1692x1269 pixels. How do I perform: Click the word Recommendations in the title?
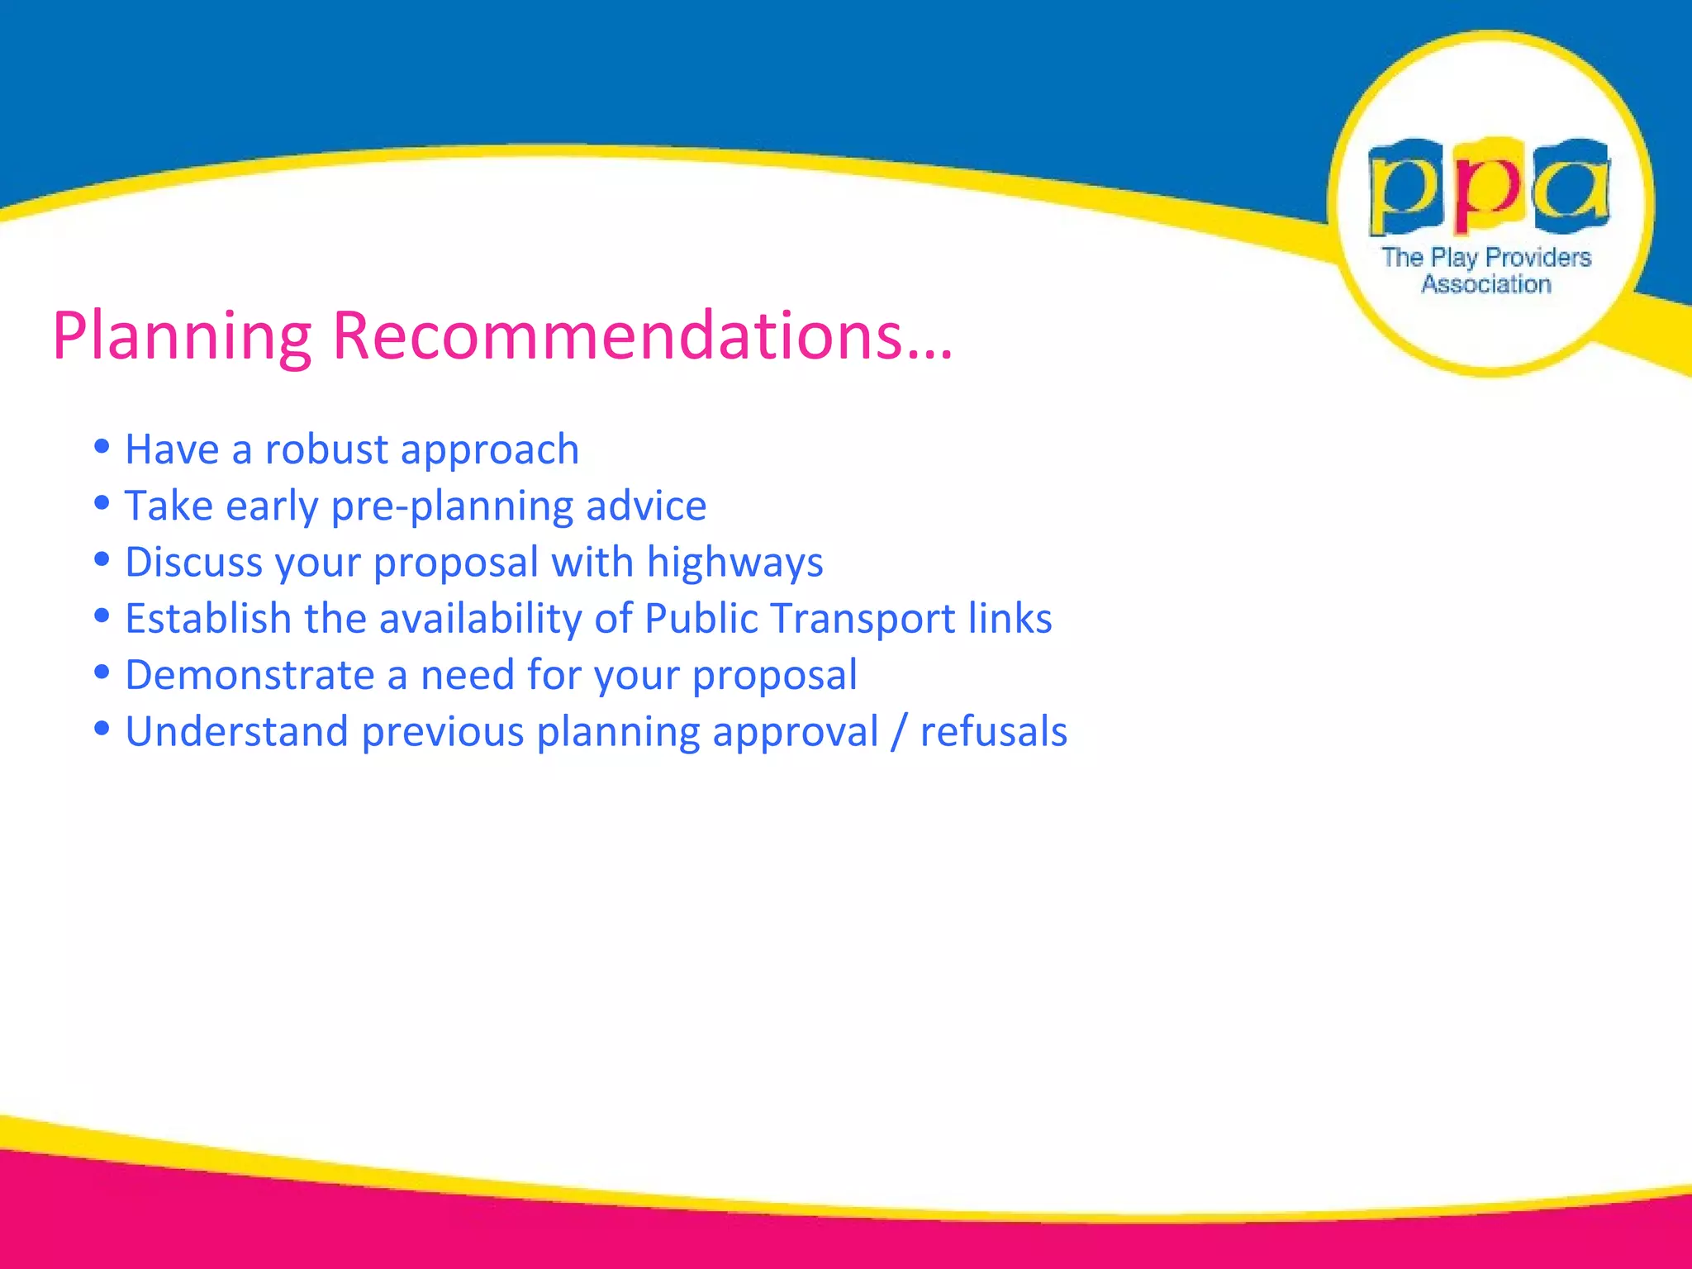click(618, 335)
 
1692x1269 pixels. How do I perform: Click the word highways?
click(734, 563)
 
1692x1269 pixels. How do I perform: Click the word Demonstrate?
click(250, 675)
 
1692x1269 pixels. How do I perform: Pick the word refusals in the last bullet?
click(993, 732)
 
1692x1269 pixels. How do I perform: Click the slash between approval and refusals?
click(899, 732)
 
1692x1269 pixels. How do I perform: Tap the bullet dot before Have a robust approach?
click(102, 447)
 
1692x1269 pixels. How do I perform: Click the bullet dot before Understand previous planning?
click(102, 729)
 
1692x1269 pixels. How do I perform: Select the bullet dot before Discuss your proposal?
click(102, 559)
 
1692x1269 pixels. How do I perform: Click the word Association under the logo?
click(1485, 284)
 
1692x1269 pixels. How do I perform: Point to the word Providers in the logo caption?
click(1538, 258)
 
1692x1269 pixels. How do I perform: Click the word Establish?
click(208, 619)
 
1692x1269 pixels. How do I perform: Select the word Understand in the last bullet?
click(236, 732)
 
